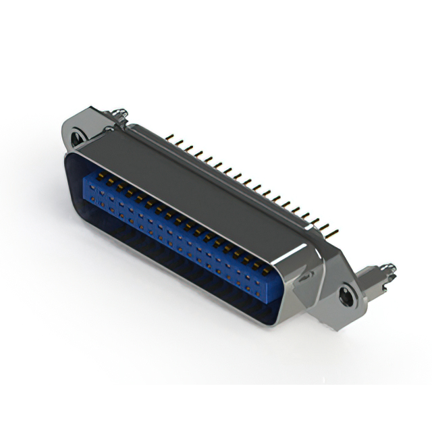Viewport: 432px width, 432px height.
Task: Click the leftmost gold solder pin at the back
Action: (169, 139)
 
